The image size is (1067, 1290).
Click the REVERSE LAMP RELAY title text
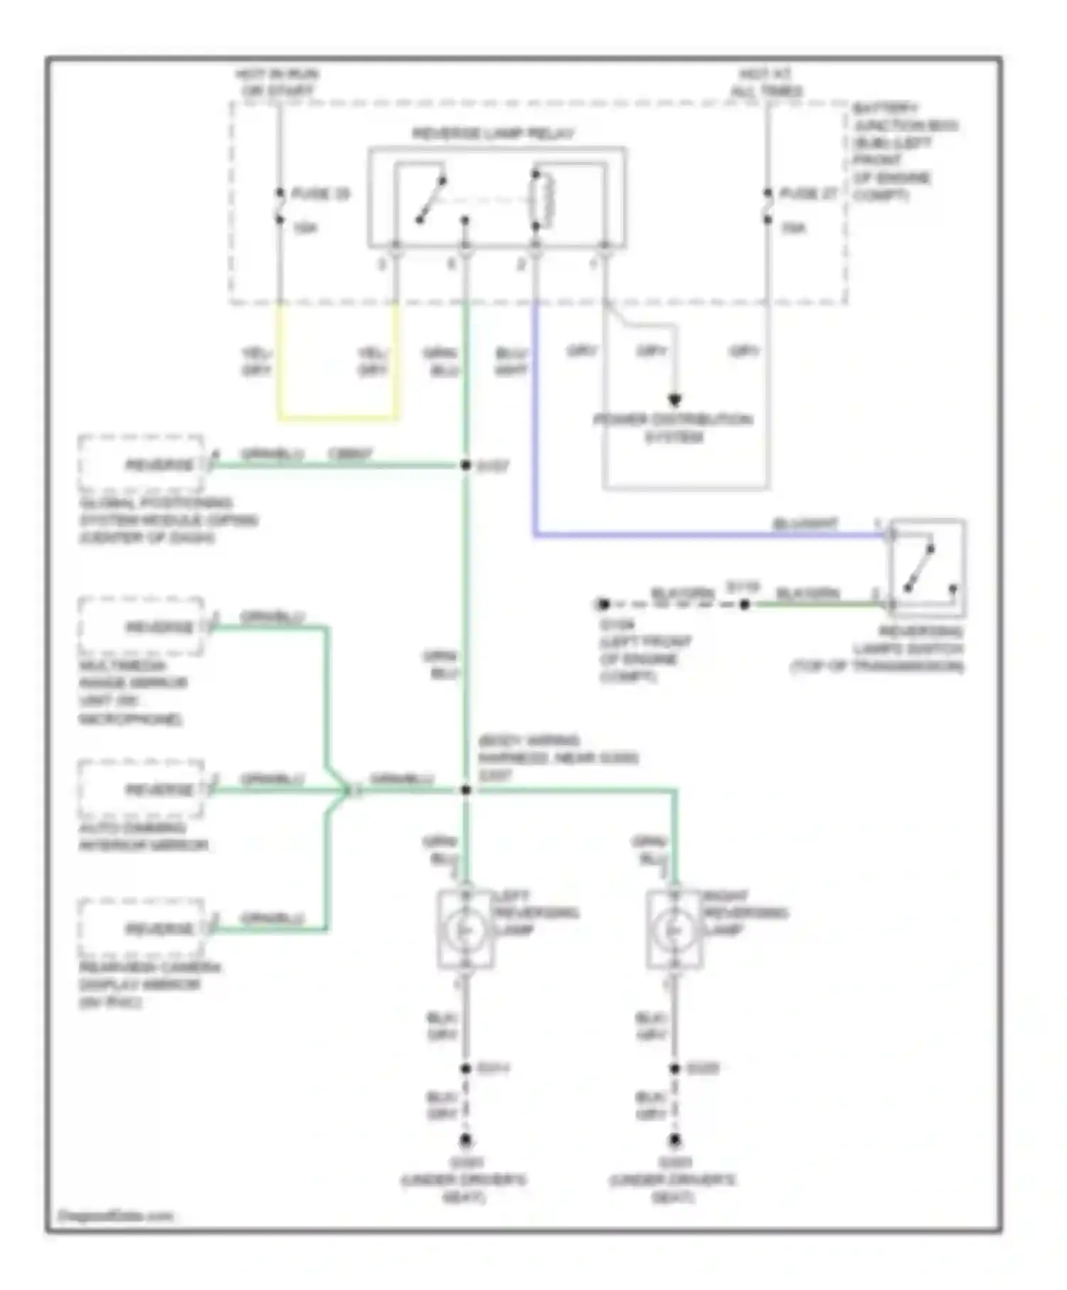493,134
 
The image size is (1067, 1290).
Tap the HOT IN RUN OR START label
277,82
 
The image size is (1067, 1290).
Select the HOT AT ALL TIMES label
766,82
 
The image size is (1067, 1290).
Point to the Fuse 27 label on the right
809,193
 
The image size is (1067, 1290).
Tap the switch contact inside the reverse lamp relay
431,201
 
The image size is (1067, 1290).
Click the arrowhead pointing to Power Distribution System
674,400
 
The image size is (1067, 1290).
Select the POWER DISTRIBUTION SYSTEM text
673,428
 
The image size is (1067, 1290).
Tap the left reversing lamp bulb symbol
465,929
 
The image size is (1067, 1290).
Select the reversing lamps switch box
927,567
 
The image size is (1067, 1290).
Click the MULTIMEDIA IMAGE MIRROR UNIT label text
132,692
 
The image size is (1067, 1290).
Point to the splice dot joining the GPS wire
465,465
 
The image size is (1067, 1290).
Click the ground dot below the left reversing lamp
465,1141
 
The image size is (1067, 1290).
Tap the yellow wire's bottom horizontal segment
338,417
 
